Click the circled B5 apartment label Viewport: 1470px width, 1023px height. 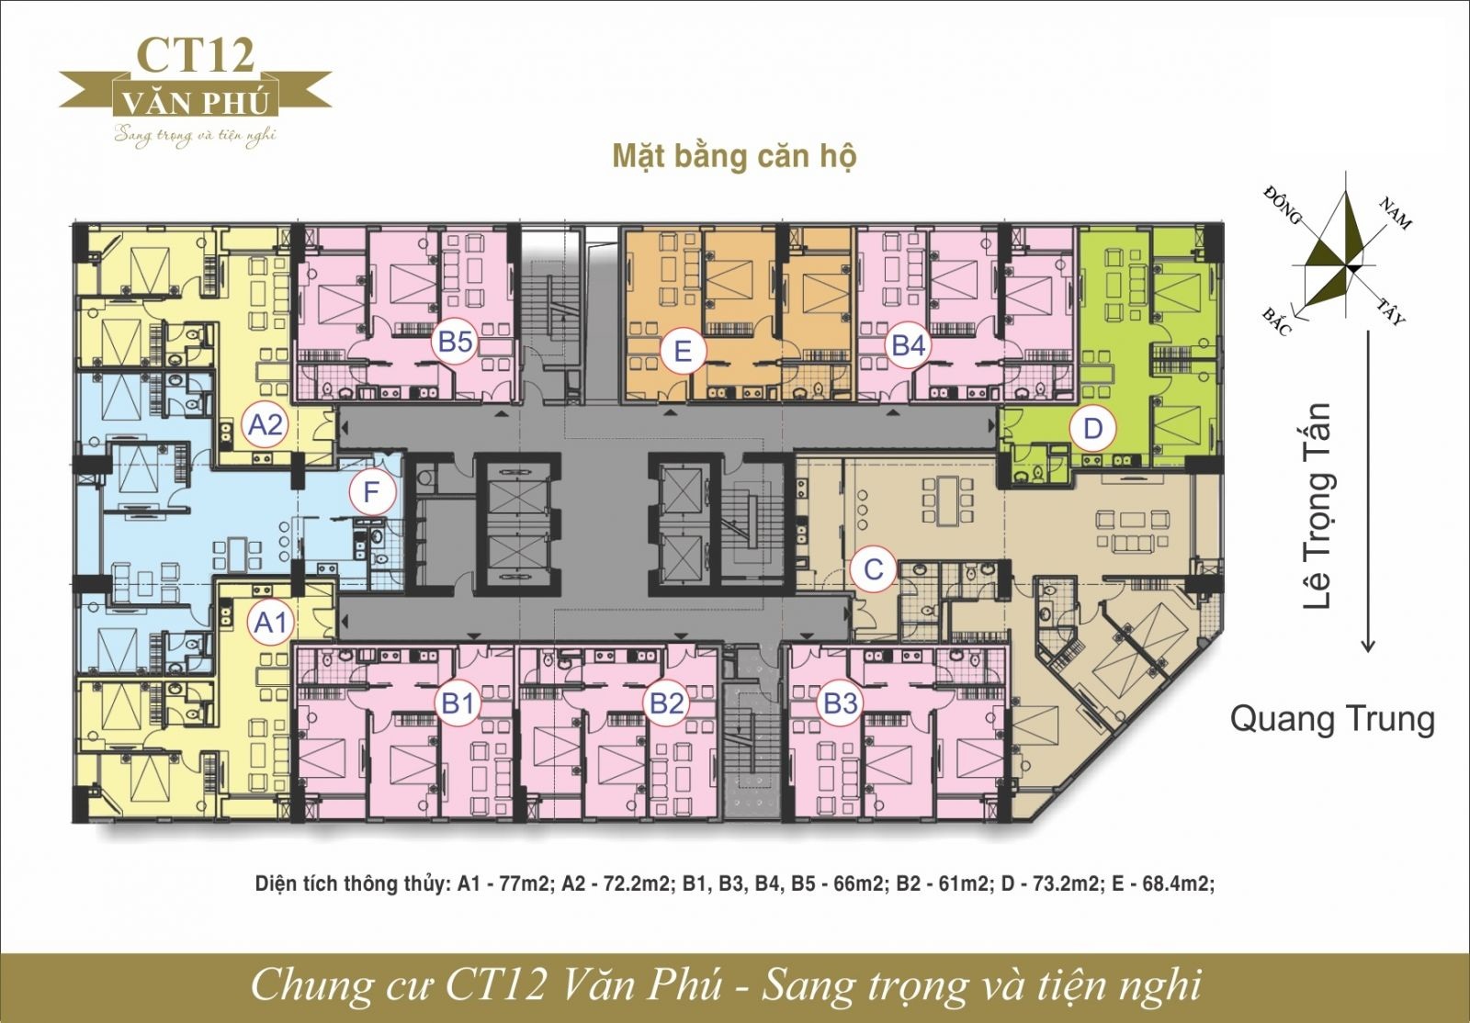pyautogui.click(x=456, y=343)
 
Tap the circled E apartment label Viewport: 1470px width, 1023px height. pyautogui.click(x=683, y=352)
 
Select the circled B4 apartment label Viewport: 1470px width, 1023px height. pyautogui.click(x=909, y=345)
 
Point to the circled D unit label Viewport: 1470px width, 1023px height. pyautogui.click(x=1092, y=429)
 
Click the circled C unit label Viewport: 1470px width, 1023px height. pyautogui.click(x=873, y=569)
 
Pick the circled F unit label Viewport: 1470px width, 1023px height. pyautogui.click(x=371, y=492)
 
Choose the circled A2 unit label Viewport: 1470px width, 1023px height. pyautogui.click(x=266, y=425)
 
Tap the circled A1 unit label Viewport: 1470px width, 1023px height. pyautogui.click(x=271, y=622)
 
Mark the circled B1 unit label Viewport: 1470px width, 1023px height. pyautogui.click(x=458, y=703)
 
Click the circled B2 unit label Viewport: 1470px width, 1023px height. pyautogui.click(x=667, y=703)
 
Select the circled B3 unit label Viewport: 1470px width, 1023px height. pyautogui.click(x=841, y=703)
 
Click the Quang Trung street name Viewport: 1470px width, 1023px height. pyautogui.click(x=1332, y=720)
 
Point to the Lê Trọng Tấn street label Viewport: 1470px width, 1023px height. pyautogui.click(x=1317, y=506)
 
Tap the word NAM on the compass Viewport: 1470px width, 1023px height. pyautogui.click(x=1396, y=213)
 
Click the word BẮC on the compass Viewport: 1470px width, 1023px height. pyautogui.click(x=1277, y=322)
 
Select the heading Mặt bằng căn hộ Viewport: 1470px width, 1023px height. pyautogui.click(x=734, y=157)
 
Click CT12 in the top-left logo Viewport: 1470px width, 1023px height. pyautogui.click(x=197, y=55)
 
